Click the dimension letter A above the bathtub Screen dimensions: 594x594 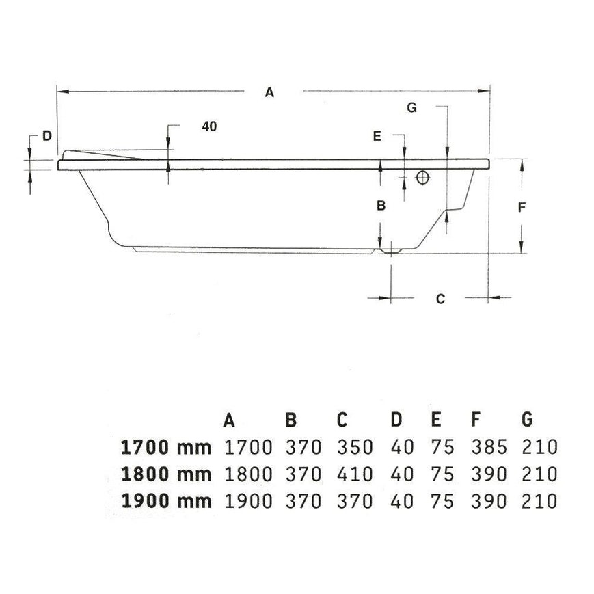269,92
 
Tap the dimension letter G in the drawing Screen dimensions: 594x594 411,107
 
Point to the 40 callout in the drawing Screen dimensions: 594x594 209,126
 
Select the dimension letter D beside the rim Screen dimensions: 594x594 46,135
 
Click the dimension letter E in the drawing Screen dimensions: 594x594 377,136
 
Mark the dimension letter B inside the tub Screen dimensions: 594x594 381,205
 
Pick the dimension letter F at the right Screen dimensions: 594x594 522,207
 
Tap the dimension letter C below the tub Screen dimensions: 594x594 440,299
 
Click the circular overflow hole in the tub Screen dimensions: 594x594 422,177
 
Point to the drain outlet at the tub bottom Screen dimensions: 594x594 390,251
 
